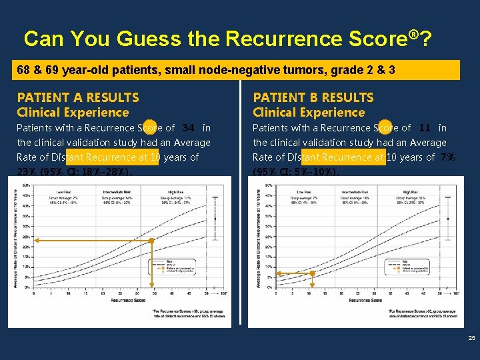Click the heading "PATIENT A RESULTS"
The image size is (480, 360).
(x=78, y=98)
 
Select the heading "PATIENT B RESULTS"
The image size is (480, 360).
(x=313, y=98)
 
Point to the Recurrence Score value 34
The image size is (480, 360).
(x=189, y=128)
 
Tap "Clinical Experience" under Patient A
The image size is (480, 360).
(x=73, y=113)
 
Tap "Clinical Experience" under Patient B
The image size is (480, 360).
(x=309, y=113)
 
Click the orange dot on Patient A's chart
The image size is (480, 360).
(x=152, y=241)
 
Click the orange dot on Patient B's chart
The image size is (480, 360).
(x=313, y=273)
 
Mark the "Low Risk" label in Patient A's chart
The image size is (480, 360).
(x=63, y=191)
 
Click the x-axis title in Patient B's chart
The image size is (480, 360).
(x=365, y=300)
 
